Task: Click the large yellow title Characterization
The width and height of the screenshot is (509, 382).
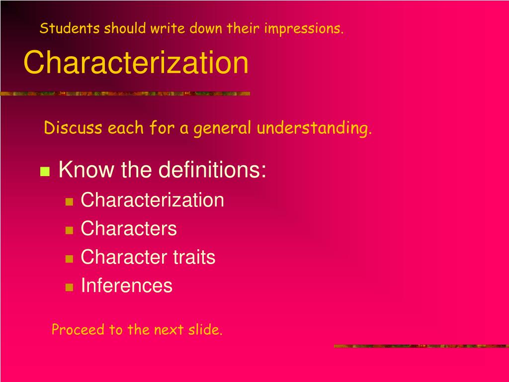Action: [x=136, y=63]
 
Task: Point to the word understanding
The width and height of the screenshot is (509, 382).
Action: [x=314, y=129]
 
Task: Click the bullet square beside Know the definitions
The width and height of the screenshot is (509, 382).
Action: [x=45, y=172]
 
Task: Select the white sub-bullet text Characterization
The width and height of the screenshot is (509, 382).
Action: [x=152, y=200]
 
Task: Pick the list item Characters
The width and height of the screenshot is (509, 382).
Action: [x=129, y=229]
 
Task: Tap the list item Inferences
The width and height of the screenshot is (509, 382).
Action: [x=126, y=286]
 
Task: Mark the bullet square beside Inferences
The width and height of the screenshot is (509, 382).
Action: [x=70, y=287]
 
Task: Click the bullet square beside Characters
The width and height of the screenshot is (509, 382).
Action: [x=70, y=230]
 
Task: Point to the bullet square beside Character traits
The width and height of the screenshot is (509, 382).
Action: [x=70, y=259]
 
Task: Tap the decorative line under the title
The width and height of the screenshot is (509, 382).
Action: [x=124, y=94]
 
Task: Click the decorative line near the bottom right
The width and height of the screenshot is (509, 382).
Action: [x=420, y=346]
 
